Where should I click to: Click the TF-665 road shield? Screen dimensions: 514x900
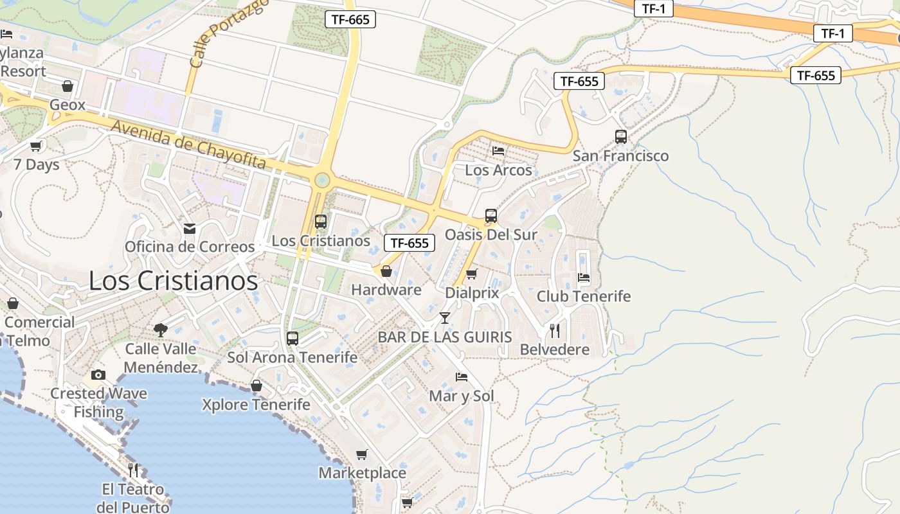click(350, 19)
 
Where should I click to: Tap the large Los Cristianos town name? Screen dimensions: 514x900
click(173, 281)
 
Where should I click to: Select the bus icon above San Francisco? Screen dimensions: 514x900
click(620, 136)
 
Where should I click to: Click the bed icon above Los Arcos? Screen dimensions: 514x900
click(498, 151)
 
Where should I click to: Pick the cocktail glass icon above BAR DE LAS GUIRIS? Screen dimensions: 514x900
click(444, 317)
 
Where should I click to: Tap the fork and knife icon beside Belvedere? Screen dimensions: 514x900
click(555, 331)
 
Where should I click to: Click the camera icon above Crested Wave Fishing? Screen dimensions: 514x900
click(98, 375)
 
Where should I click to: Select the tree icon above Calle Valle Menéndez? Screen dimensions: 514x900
click(160, 330)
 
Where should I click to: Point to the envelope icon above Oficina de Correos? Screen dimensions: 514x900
click(190, 228)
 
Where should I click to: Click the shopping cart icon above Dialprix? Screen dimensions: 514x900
click(471, 274)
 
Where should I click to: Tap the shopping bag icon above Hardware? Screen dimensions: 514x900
click(386, 271)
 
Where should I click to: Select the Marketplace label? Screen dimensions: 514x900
click(363, 473)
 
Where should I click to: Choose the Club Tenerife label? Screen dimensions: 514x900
click(584, 296)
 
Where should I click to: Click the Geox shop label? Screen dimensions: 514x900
click(67, 104)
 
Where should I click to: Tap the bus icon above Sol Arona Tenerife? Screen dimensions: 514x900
click(292, 338)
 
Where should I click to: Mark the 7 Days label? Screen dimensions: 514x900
click(37, 164)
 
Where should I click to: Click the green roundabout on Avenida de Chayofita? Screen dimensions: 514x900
click(321, 180)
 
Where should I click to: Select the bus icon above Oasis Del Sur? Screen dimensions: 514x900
click(491, 216)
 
